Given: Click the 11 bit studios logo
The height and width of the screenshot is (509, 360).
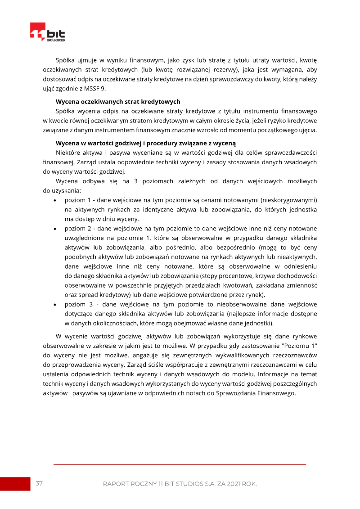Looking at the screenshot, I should tap(47, 32).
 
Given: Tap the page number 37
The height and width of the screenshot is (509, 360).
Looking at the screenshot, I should tap(39, 483).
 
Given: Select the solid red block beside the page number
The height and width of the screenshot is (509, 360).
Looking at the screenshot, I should tap(15, 484).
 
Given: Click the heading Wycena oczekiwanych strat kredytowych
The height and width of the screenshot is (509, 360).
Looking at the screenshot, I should tap(118, 102).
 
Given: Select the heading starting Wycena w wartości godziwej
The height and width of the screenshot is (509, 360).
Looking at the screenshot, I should tap(145, 144).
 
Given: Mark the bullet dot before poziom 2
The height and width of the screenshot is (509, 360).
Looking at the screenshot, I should tap(55, 229).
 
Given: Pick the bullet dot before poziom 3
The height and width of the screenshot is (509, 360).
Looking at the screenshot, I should tap(55, 304).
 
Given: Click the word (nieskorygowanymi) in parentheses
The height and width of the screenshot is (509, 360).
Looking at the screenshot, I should tap(288, 200).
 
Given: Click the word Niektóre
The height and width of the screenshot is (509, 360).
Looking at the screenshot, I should tap(68, 153).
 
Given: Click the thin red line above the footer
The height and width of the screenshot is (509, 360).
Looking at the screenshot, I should tap(180, 464).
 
